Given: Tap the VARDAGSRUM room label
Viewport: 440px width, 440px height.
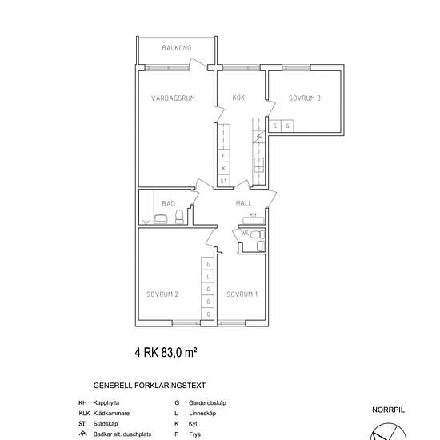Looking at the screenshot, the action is point(173,98).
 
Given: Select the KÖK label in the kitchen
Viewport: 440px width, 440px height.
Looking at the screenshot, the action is point(238,98).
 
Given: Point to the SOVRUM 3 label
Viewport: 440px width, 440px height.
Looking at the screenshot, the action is point(305,98).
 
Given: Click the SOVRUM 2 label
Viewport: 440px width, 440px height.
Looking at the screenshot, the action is point(162,294).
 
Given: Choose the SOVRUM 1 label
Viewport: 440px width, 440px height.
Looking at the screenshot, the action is point(242,294).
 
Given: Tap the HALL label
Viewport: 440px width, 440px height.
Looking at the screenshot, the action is point(243,203).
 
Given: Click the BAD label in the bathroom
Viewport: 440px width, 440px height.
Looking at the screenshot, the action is point(168,203).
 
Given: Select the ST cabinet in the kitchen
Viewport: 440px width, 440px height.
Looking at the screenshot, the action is point(224,181).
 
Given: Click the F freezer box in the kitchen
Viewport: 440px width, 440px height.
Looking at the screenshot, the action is point(224,156).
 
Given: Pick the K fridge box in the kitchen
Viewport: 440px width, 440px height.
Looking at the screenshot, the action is point(224,169).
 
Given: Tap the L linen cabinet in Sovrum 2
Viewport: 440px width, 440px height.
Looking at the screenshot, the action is point(208,277).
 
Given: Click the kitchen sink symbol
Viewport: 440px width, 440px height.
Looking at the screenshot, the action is point(258,165).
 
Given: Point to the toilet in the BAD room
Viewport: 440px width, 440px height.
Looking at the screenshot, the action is point(179,217).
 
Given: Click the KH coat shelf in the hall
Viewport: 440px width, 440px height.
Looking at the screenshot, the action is point(253,219).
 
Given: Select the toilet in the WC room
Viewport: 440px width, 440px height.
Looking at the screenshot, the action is point(258,234).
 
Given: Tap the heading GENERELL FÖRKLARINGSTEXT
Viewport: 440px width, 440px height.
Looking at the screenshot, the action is point(150,386).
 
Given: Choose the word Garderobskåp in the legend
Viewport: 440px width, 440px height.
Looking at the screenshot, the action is point(207,403).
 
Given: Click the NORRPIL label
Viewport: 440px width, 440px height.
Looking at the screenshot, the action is point(388,410).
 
